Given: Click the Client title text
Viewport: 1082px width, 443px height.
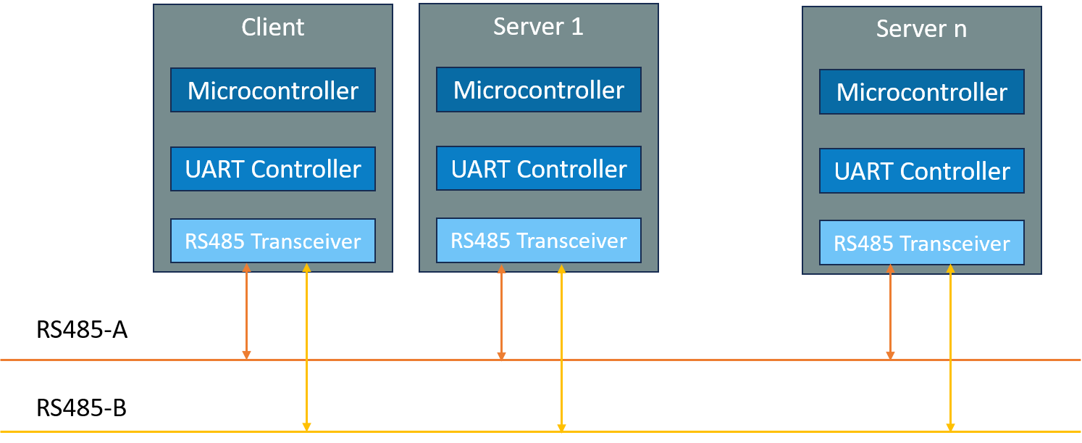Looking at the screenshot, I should pyautogui.click(x=272, y=28).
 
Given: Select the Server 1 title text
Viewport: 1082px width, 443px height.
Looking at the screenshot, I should pyautogui.click(x=538, y=27).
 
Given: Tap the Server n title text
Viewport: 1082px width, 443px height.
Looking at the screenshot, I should pyautogui.click(x=921, y=29).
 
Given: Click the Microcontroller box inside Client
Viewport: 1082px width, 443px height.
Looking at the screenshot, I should pyautogui.click(x=273, y=91).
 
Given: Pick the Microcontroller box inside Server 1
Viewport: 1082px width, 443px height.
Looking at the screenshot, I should pyautogui.click(x=539, y=90).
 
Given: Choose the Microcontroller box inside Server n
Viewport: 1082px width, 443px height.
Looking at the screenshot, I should pyautogui.click(x=922, y=92).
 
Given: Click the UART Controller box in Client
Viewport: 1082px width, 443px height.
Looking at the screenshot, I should pyautogui.click(x=273, y=169).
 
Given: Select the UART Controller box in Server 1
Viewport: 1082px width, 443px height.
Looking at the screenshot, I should pyautogui.click(x=539, y=168).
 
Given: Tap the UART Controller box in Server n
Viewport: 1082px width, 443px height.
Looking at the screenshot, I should pyautogui.click(x=922, y=171).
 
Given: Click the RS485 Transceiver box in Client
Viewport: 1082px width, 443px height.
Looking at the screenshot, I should pyautogui.click(x=273, y=241).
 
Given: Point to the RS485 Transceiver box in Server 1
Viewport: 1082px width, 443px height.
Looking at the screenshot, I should pyautogui.click(x=539, y=240).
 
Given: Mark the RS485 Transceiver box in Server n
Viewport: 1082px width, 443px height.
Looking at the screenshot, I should pyautogui.click(x=922, y=243).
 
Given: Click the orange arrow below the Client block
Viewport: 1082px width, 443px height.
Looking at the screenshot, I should pyautogui.click(x=246, y=312).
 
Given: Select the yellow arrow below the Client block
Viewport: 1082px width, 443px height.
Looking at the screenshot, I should pyautogui.click(x=306, y=348).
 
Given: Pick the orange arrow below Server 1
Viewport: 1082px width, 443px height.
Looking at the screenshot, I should pyautogui.click(x=501, y=312).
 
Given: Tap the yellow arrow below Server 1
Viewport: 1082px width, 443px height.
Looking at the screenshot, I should pyautogui.click(x=561, y=348).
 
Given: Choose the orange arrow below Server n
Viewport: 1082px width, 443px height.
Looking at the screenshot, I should pyautogui.click(x=890, y=312).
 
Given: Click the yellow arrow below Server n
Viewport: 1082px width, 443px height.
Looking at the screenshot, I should pyautogui.click(x=950, y=348).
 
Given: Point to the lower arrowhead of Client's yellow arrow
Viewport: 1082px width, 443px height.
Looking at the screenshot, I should pyautogui.click(x=306, y=427).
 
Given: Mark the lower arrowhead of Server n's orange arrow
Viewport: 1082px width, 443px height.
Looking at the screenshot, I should pyautogui.click(x=890, y=355).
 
